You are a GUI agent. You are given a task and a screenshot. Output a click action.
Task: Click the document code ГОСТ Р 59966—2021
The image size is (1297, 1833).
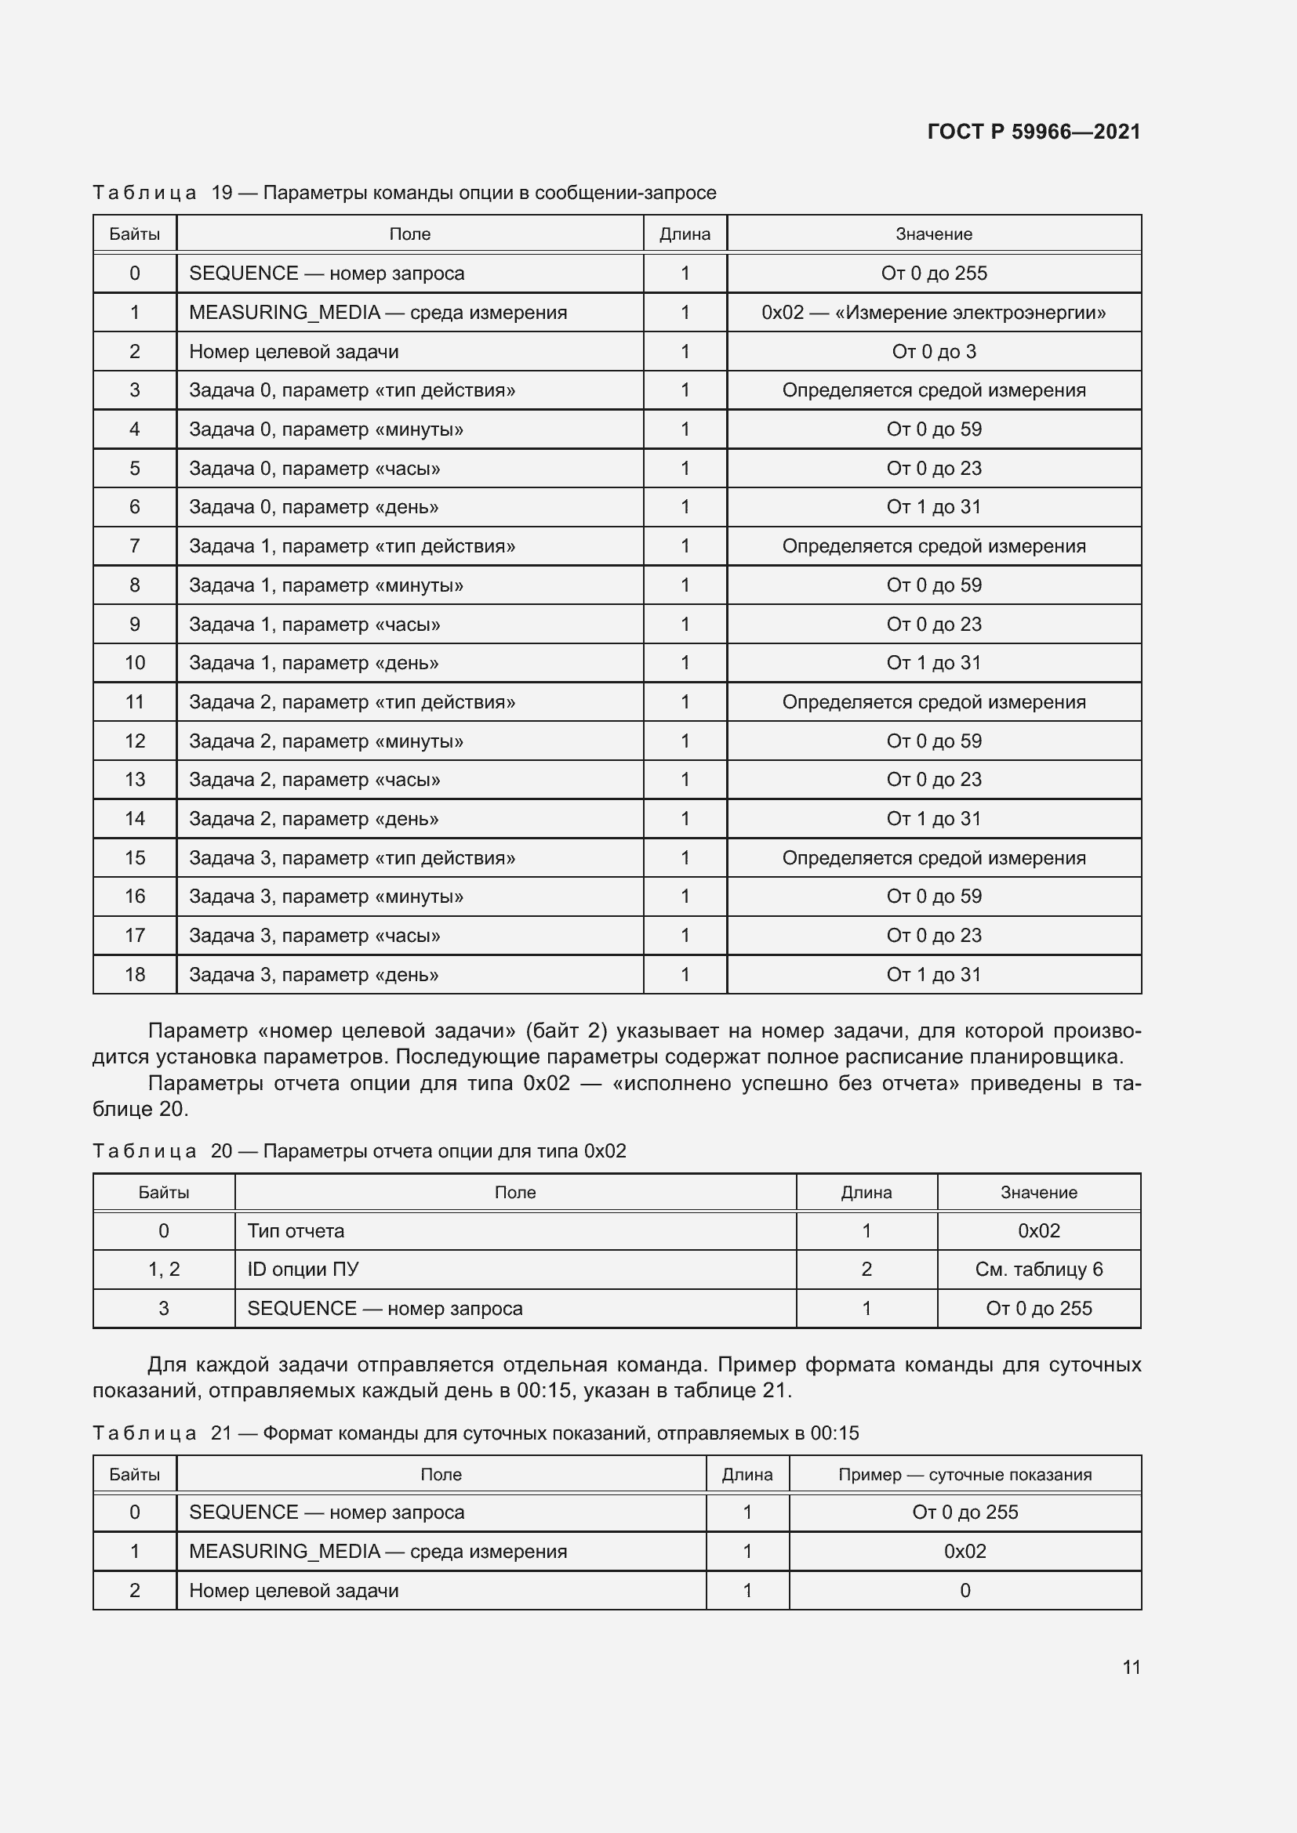click(x=1034, y=132)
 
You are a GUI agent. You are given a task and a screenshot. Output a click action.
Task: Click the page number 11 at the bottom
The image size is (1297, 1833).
click(x=1131, y=1667)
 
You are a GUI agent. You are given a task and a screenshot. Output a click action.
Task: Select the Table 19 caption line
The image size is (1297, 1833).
click(x=404, y=193)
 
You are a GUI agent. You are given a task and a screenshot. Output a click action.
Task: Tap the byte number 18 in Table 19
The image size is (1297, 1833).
click(x=134, y=974)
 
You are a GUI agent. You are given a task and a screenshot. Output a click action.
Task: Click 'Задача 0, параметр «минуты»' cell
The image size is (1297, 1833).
click(x=326, y=429)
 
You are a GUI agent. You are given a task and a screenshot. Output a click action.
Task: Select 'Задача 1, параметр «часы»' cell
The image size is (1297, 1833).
click(x=314, y=625)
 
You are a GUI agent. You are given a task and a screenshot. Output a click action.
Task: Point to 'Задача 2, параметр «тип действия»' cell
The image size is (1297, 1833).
click(x=351, y=701)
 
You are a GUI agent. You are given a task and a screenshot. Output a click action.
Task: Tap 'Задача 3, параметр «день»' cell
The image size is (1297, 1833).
click(x=313, y=974)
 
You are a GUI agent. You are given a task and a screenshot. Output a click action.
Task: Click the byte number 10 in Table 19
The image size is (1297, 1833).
click(x=134, y=663)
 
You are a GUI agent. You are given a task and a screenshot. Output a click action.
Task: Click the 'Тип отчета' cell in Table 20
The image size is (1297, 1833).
click(x=296, y=1230)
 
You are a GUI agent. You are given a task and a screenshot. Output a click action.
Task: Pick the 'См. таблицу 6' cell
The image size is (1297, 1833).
click(x=1038, y=1270)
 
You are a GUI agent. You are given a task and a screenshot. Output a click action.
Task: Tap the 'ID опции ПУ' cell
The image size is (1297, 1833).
click(x=303, y=1270)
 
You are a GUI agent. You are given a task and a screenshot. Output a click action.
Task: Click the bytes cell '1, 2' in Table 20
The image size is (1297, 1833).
click(x=164, y=1270)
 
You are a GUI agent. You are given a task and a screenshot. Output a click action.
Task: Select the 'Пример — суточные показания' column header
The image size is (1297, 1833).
click(x=964, y=1474)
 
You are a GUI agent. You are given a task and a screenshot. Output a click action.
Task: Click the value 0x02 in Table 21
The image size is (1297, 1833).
click(x=964, y=1551)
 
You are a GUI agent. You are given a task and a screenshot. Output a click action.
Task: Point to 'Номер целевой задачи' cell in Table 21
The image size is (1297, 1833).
click(x=293, y=1590)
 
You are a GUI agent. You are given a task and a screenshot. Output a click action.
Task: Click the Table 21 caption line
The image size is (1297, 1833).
click(x=475, y=1433)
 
